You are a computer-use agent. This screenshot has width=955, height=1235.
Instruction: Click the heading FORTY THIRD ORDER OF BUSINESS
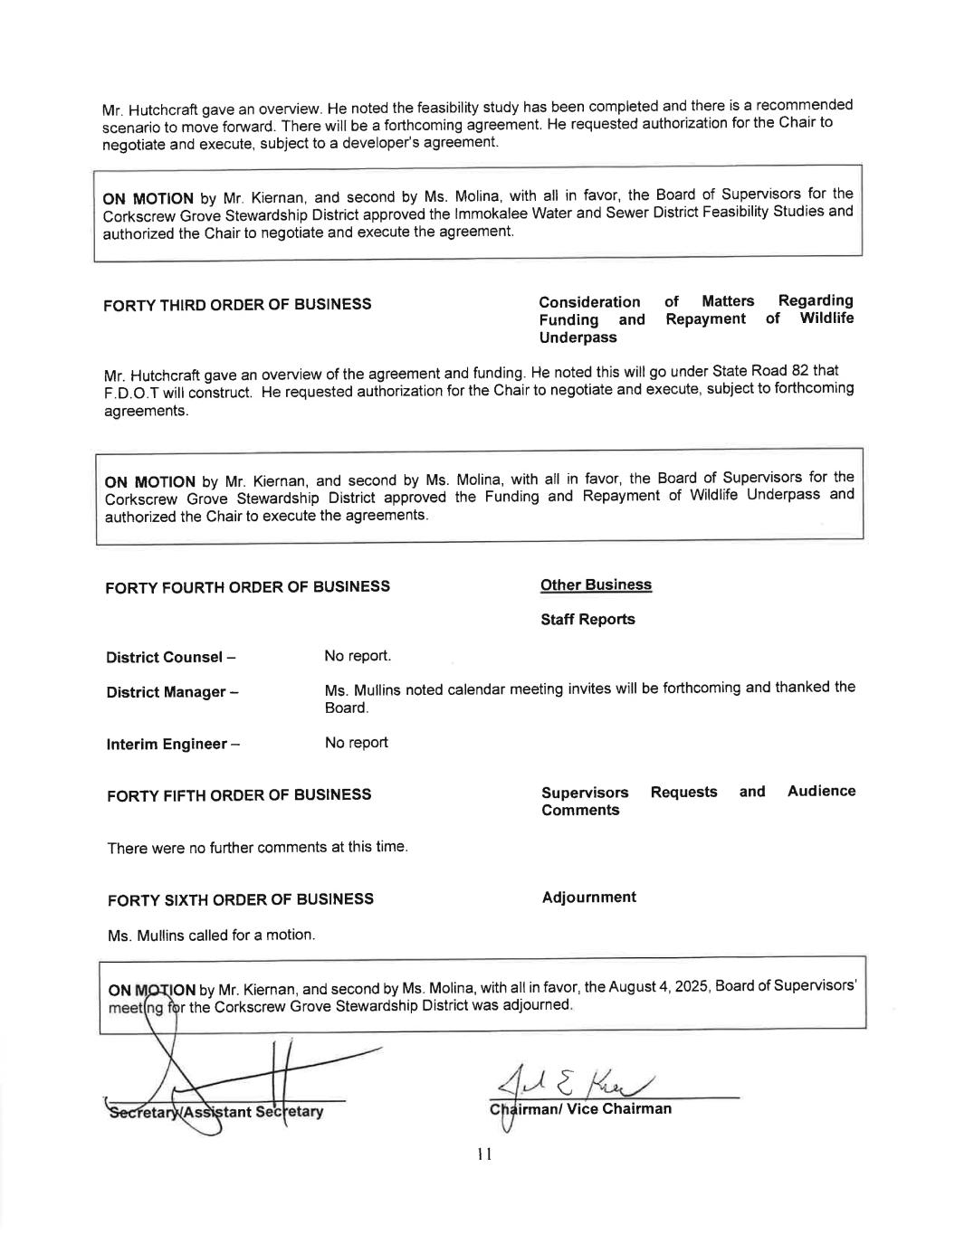point(237,305)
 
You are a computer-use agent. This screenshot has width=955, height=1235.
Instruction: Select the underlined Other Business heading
point(596,585)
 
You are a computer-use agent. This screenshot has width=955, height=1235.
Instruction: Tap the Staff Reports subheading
point(587,620)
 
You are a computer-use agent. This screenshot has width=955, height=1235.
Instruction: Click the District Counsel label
point(171,658)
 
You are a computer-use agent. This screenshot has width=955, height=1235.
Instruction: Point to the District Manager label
point(172,693)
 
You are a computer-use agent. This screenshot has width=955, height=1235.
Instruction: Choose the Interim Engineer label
point(173,745)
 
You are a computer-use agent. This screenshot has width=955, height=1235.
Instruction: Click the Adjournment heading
point(588,898)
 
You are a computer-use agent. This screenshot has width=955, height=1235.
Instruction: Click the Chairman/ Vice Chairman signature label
point(580,1109)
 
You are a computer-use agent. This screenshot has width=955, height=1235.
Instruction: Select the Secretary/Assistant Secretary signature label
point(215,1111)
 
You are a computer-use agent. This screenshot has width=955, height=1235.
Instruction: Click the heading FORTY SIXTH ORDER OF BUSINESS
point(240,900)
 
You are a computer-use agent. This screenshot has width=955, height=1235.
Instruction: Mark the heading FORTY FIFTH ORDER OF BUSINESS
point(239,795)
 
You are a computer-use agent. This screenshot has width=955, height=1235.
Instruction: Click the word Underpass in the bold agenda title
point(578,337)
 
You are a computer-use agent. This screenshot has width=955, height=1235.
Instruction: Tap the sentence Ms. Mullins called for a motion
point(211,936)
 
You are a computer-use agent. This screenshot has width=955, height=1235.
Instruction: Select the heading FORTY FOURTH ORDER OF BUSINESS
point(247,587)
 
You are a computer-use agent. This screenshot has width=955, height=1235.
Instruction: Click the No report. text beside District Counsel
point(358,656)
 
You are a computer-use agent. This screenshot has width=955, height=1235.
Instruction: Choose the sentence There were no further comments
point(257,848)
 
